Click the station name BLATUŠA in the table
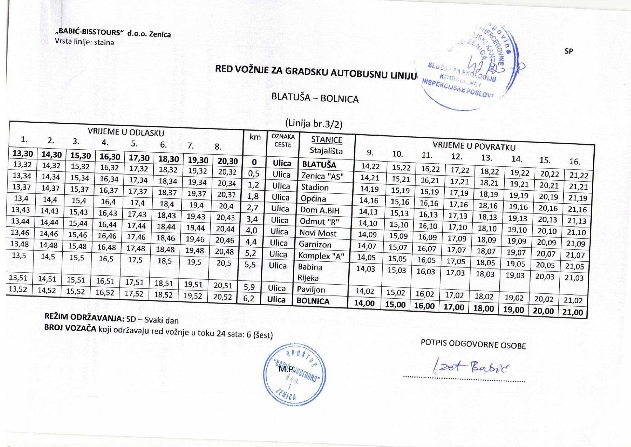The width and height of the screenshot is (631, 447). [x=319, y=165]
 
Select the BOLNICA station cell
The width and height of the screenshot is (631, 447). [x=313, y=301]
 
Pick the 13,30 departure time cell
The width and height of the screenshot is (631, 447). [x=23, y=154]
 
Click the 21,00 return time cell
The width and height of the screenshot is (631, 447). [x=572, y=312]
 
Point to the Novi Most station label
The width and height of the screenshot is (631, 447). [x=318, y=233]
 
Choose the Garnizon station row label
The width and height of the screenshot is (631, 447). [x=315, y=244]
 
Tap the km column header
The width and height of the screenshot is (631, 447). [x=255, y=137]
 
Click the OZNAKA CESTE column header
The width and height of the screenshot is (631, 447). [x=283, y=141]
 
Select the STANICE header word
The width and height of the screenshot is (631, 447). [x=327, y=140]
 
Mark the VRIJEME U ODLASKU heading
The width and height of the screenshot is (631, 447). [x=126, y=132]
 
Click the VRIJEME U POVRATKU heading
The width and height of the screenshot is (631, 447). [x=474, y=146]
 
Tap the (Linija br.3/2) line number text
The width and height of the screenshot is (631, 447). [x=313, y=124]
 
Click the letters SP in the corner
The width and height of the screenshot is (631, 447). [x=568, y=51]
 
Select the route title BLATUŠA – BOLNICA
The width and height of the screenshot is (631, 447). [x=315, y=98]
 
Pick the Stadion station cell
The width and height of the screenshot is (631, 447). [x=315, y=188]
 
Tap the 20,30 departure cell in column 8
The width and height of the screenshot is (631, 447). [x=228, y=161]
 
